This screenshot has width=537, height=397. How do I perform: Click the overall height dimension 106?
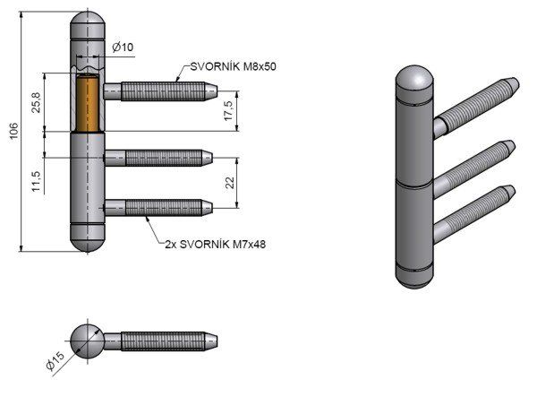pos(13,133)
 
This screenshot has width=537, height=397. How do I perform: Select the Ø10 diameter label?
pos(124,47)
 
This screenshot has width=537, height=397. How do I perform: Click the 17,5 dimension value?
pos(229,111)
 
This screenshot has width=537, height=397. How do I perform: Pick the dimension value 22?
pos(228,183)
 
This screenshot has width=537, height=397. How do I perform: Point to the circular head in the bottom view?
pos(88,340)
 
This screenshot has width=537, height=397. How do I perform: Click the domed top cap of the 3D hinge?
pos(414,81)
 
